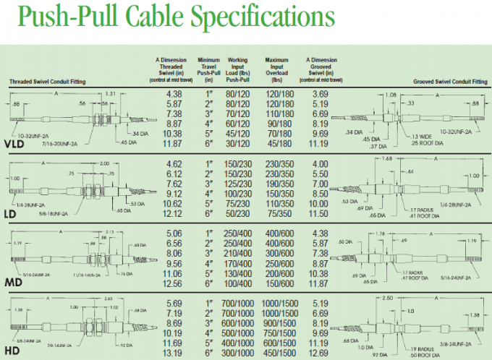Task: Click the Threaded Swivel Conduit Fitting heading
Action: pyautogui.click(x=47, y=82)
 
